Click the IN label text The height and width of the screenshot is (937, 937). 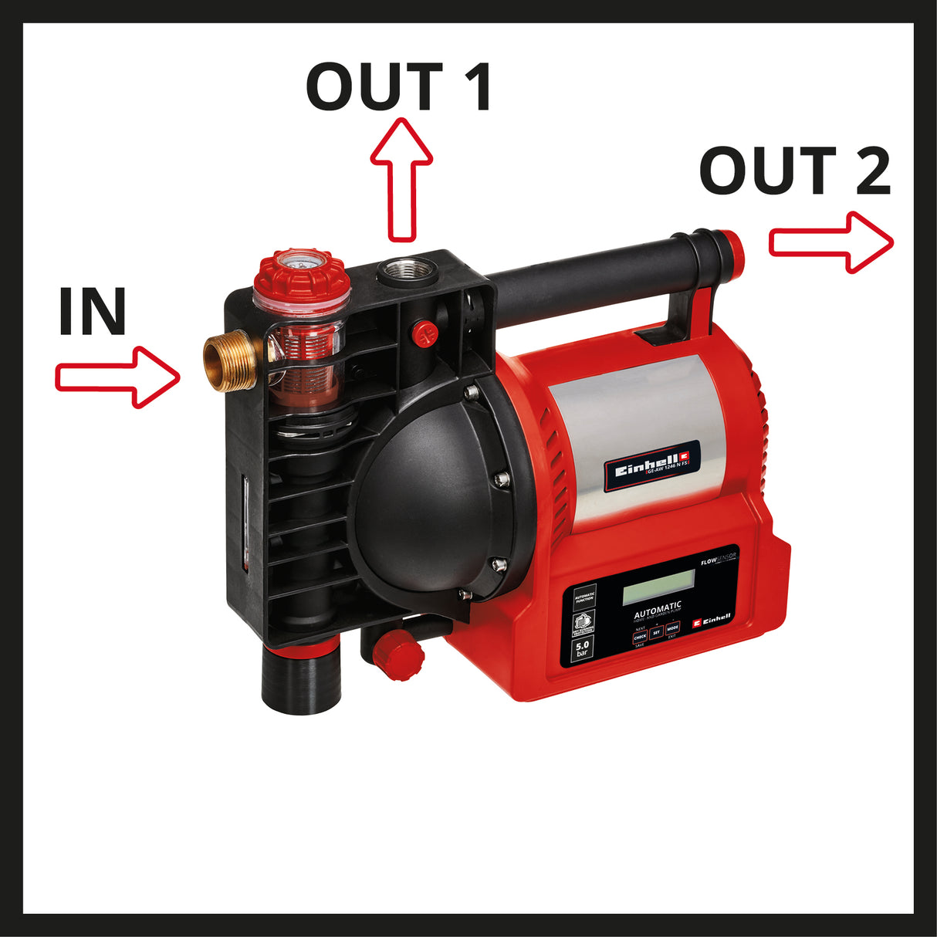(92, 312)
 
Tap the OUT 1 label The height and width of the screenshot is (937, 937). (399, 86)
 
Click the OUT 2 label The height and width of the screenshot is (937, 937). (794, 171)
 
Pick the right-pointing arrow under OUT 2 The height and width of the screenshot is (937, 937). (830, 242)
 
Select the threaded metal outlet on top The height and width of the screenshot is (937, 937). (405, 272)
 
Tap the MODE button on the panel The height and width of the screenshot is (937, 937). (672, 629)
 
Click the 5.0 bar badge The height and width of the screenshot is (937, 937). (582, 648)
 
